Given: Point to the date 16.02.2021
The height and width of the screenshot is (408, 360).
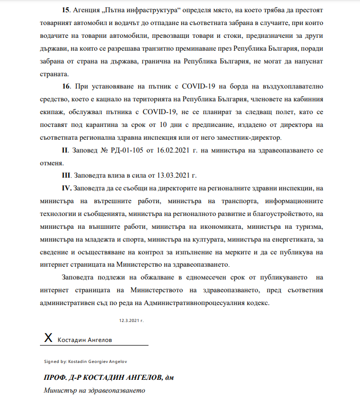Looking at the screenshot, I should [174, 152].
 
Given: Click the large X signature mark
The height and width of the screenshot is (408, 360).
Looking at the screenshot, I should [49, 338].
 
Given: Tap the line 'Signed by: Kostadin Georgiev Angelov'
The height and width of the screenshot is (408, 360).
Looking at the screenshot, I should [86, 361].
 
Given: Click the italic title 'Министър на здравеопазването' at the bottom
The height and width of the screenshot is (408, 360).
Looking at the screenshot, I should [94, 391].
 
